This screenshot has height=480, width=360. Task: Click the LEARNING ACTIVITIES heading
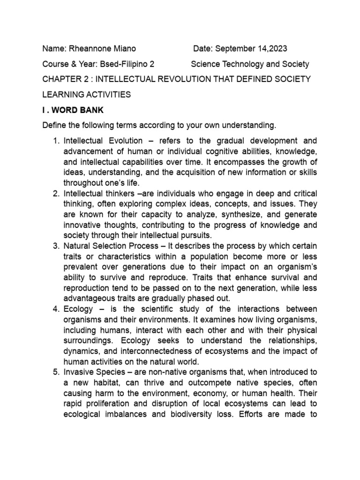[x=87, y=95]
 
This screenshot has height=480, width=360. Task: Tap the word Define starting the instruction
[x=54, y=126]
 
